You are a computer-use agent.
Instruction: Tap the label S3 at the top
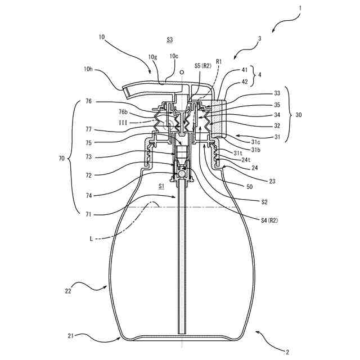point(170,40)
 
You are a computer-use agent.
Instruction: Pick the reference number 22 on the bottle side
point(69,291)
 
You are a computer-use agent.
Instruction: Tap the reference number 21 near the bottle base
point(70,336)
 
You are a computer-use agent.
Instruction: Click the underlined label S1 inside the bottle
point(161,185)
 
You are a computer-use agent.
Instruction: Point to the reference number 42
point(245,82)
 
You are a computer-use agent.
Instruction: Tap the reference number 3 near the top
point(259,39)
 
